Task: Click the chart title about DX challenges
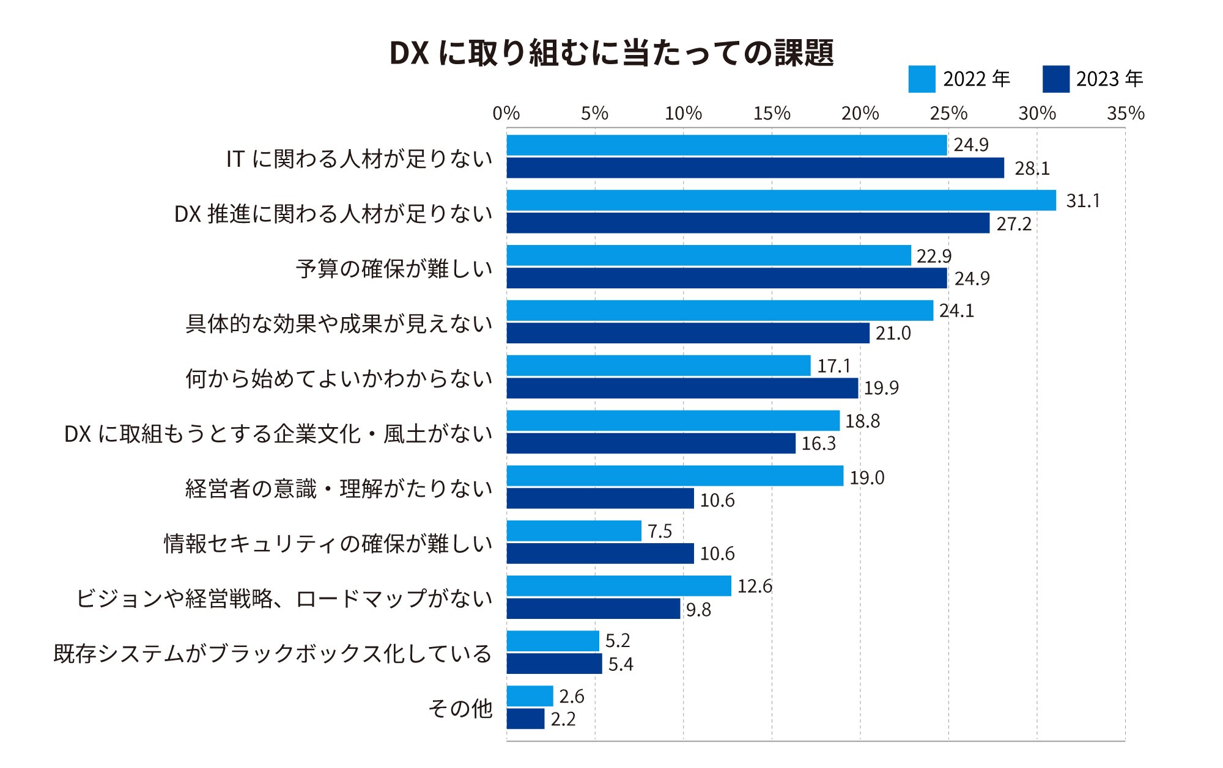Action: click(611, 53)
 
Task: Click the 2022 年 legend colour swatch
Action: click(922, 79)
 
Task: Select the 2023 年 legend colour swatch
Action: click(1055, 79)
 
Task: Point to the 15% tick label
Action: click(772, 114)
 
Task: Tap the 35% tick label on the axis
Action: click(1125, 114)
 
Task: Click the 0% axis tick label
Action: click(506, 114)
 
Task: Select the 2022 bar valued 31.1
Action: click(781, 200)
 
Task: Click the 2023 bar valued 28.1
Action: click(755, 168)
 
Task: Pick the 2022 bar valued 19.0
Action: click(675, 476)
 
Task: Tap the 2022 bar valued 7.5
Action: click(574, 531)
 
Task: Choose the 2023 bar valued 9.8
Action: click(593, 609)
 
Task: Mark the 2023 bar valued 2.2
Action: click(526, 719)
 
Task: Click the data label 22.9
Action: click(934, 256)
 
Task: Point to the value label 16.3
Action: click(818, 444)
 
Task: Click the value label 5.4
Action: click(620, 664)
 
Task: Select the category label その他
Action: click(460, 709)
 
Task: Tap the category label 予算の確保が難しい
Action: click(394, 269)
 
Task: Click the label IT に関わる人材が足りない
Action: click(359, 159)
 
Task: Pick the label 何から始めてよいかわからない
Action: click(339, 379)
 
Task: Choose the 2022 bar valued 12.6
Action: click(619, 586)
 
